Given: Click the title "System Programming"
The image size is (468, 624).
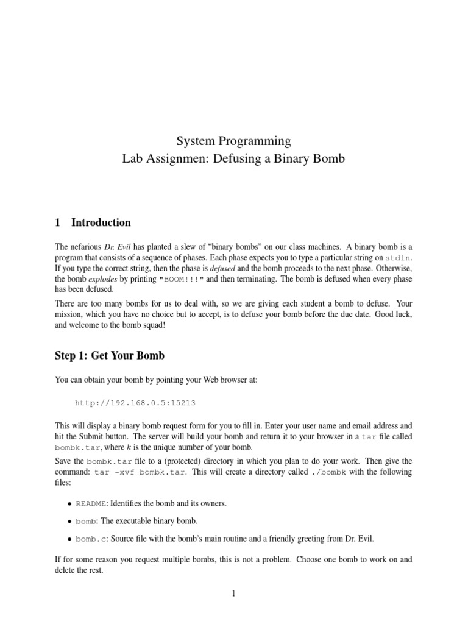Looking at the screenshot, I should click(234, 141).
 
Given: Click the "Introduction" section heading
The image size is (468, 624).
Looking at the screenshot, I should click(101, 222).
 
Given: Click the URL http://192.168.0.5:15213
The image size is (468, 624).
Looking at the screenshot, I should click(135, 403).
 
